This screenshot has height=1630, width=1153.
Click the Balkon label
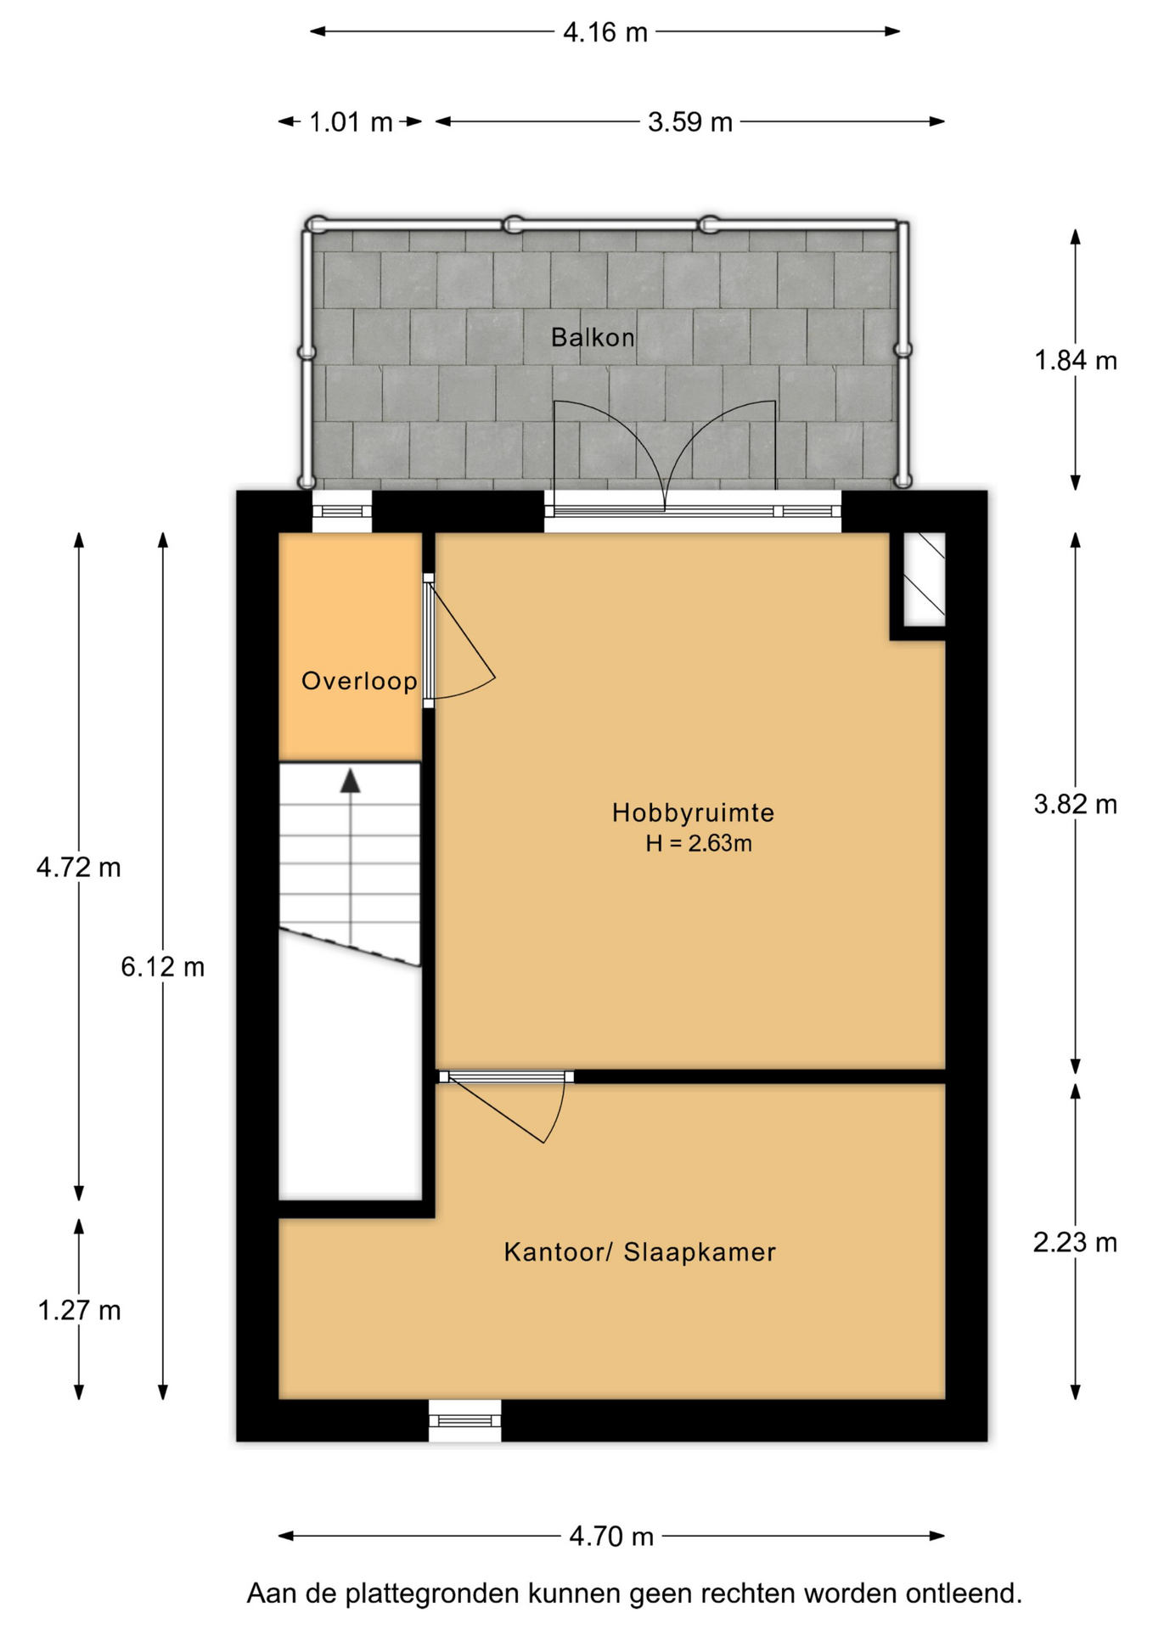[593, 338]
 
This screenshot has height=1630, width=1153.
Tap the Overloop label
[359, 681]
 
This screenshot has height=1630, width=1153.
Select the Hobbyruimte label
[693, 813]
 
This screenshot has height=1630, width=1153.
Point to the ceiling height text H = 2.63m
[698, 844]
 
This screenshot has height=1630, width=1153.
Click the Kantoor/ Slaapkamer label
[639, 1252]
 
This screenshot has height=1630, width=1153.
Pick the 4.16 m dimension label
[605, 33]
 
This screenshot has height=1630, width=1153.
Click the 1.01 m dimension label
[351, 123]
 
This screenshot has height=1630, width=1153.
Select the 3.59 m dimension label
[689, 123]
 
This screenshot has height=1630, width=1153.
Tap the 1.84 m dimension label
[1075, 362]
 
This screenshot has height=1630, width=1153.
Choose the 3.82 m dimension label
[1075, 805]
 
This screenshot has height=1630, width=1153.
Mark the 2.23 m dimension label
[1075, 1243]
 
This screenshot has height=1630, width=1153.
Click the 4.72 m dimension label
[79, 868]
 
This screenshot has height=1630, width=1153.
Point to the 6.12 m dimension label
[163, 967]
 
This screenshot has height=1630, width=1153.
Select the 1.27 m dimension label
[79, 1311]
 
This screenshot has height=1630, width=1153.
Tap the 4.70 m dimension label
[611, 1537]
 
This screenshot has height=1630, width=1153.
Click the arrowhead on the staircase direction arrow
[350, 781]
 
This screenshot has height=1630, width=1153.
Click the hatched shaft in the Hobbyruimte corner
[924, 579]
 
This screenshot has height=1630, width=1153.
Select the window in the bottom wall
[464, 1420]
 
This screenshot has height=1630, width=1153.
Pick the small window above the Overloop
[342, 511]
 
